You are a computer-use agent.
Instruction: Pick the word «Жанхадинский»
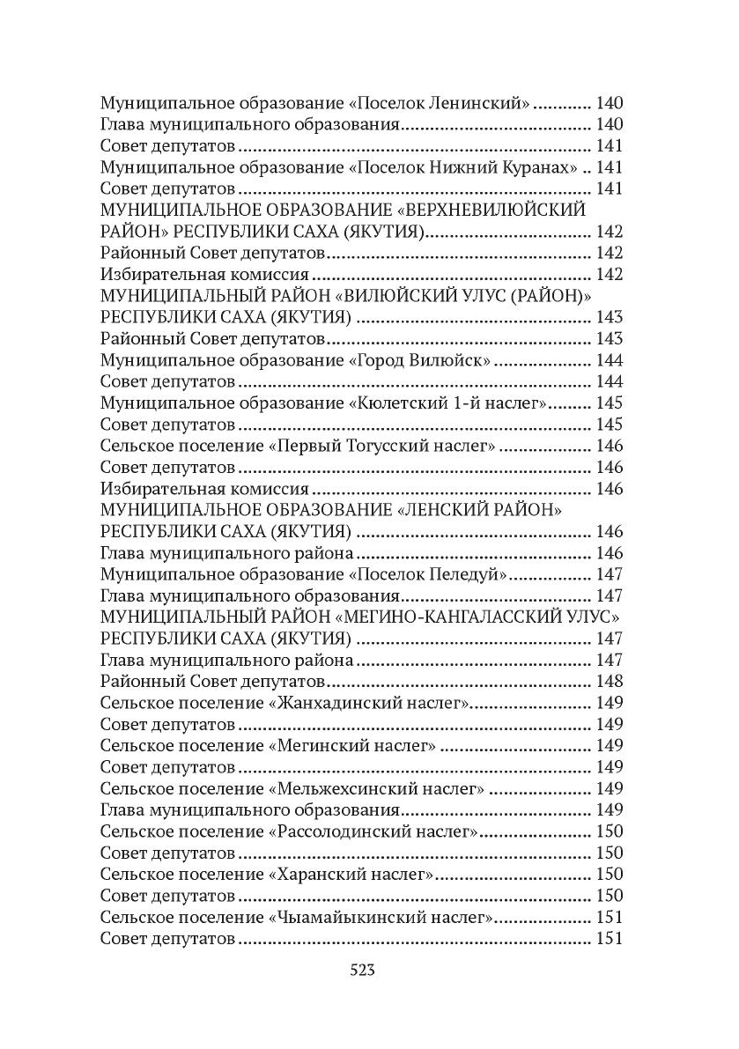(339, 703)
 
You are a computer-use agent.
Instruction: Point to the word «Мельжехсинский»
(347, 788)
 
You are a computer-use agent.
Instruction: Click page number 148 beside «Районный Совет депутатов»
(609, 681)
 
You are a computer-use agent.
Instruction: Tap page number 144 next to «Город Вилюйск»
(609, 360)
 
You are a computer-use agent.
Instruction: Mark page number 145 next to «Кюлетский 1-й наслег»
(609, 403)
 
